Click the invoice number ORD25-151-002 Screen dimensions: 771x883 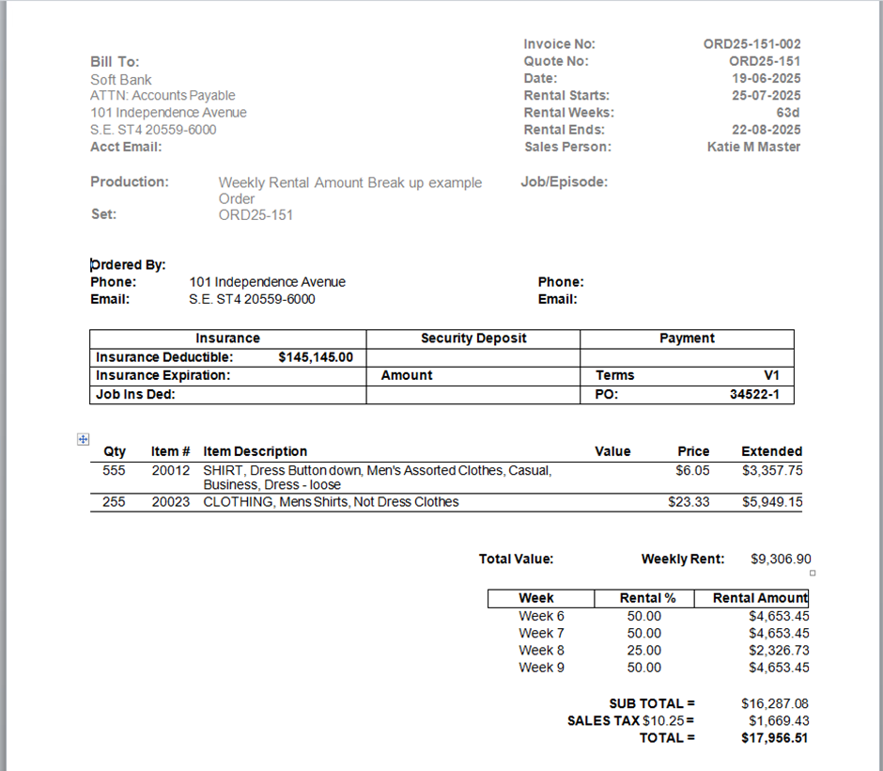pyautogui.click(x=751, y=44)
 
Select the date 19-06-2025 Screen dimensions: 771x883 pyautogui.click(x=766, y=79)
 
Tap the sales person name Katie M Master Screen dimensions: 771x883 pyautogui.click(x=753, y=147)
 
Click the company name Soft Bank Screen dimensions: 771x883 pyautogui.click(x=121, y=80)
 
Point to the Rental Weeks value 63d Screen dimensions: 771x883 pyautogui.click(x=787, y=113)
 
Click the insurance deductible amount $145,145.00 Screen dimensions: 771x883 pyautogui.click(x=316, y=357)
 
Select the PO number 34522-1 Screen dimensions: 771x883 pyautogui.click(x=754, y=395)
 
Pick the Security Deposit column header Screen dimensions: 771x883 pyautogui.click(x=473, y=338)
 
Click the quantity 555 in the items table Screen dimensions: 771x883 pyautogui.click(x=115, y=470)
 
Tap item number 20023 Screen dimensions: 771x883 pyautogui.click(x=170, y=502)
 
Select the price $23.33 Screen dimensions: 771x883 pyautogui.click(x=689, y=502)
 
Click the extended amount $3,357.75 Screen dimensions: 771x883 pyautogui.click(x=772, y=470)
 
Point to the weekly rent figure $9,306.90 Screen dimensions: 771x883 pyautogui.click(x=781, y=559)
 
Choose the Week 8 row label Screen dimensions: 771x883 pyautogui.click(x=541, y=651)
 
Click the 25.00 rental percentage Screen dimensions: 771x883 pyautogui.click(x=644, y=651)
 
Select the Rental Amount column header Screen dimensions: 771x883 pyautogui.click(x=760, y=598)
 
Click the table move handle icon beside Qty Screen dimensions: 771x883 pyautogui.click(x=83, y=439)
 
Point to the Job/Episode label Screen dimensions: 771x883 pyautogui.click(x=564, y=182)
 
